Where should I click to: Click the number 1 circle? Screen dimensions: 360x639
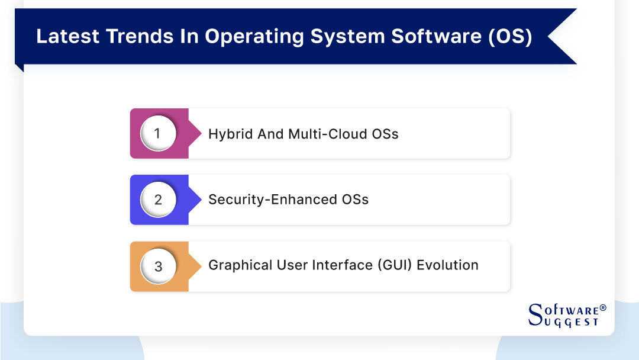click(157, 133)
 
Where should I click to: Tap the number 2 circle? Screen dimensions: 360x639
click(157, 200)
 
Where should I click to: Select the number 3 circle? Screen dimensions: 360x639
click(157, 266)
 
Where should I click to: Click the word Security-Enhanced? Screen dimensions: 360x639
click(271, 200)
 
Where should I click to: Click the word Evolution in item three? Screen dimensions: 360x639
click(447, 265)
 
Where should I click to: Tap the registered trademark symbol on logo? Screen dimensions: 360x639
click(603, 308)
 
